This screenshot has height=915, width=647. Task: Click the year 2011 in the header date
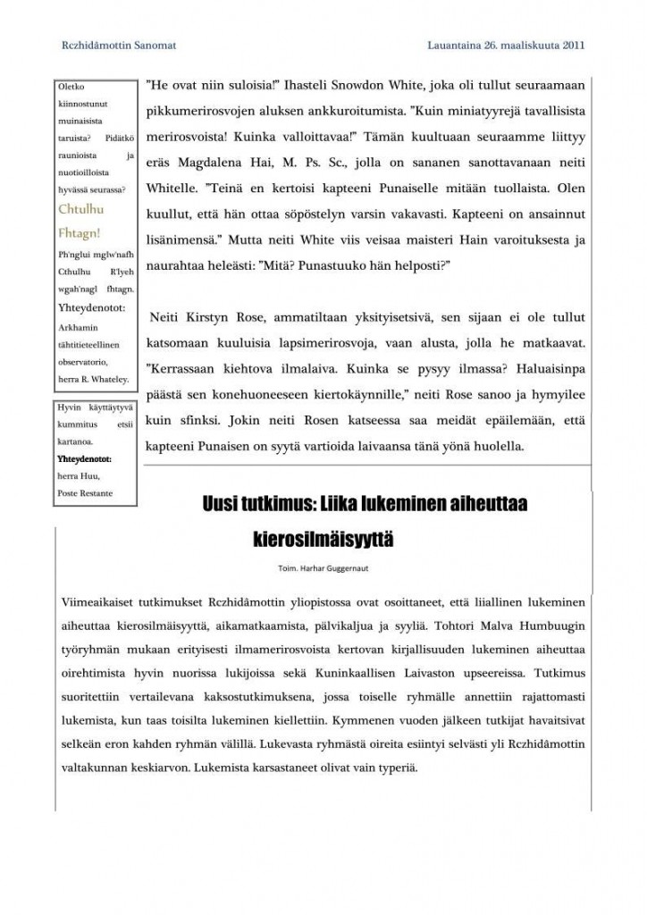pyautogui.click(x=571, y=43)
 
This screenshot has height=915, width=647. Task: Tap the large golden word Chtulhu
pyautogui.click(x=81, y=210)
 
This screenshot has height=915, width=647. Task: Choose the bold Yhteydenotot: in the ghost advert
pyautogui.click(x=86, y=459)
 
